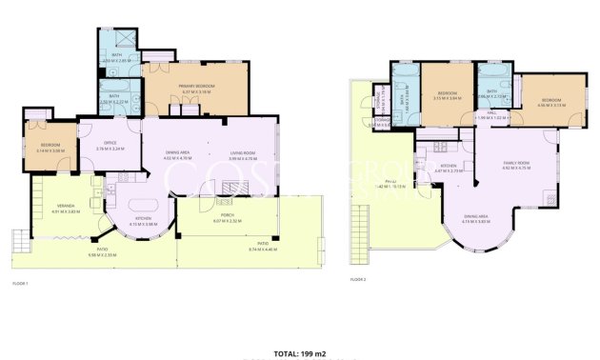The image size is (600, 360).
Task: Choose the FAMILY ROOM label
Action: (x=516, y=163)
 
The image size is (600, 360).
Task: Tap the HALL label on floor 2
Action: (x=492, y=111)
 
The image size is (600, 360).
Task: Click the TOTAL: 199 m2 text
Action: (x=300, y=353)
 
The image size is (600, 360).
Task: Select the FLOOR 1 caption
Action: (x=21, y=284)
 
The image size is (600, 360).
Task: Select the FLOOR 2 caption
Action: (x=358, y=279)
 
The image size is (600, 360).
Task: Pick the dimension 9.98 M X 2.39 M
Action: (x=100, y=255)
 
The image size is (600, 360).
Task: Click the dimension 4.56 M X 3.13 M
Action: (x=552, y=106)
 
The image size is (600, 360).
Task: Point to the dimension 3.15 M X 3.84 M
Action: (x=448, y=98)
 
